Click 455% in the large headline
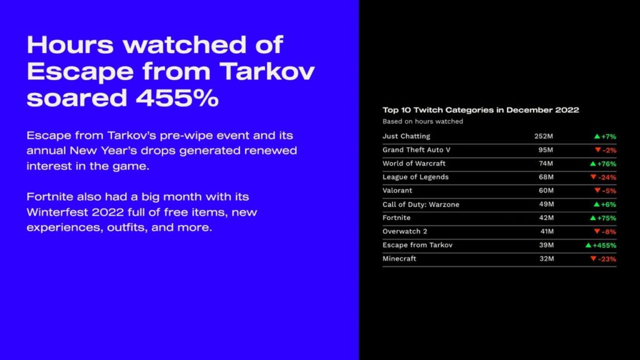[x=177, y=98]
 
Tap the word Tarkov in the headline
[x=267, y=71]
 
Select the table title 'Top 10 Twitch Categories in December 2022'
[x=481, y=110]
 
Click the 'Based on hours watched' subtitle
[x=423, y=121]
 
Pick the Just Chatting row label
[x=406, y=136]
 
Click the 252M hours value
[x=544, y=136]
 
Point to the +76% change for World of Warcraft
[x=606, y=164]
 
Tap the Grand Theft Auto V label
[x=416, y=150]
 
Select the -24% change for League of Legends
[x=607, y=177]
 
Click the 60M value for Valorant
[x=546, y=191]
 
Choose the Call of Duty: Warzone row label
[x=421, y=204]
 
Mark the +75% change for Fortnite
[x=606, y=218]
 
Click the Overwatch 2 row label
[x=405, y=231]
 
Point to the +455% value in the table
[x=604, y=245]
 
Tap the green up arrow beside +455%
[x=588, y=245]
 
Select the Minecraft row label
[x=399, y=259]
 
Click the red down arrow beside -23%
[x=594, y=258]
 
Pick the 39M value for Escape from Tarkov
[x=546, y=245]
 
